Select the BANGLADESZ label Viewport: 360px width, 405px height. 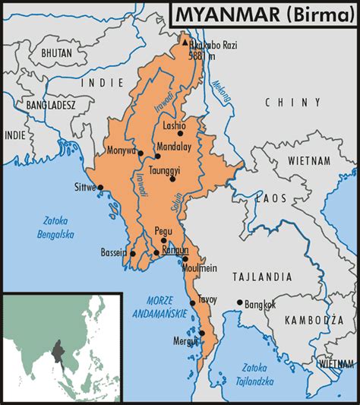coord(51,103)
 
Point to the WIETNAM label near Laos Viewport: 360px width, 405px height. coord(308,161)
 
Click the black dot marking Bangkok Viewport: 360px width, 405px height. coord(240,302)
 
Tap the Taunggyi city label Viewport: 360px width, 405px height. coord(165,171)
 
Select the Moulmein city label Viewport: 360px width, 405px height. coord(201,268)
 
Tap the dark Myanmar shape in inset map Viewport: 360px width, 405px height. coord(58,353)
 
